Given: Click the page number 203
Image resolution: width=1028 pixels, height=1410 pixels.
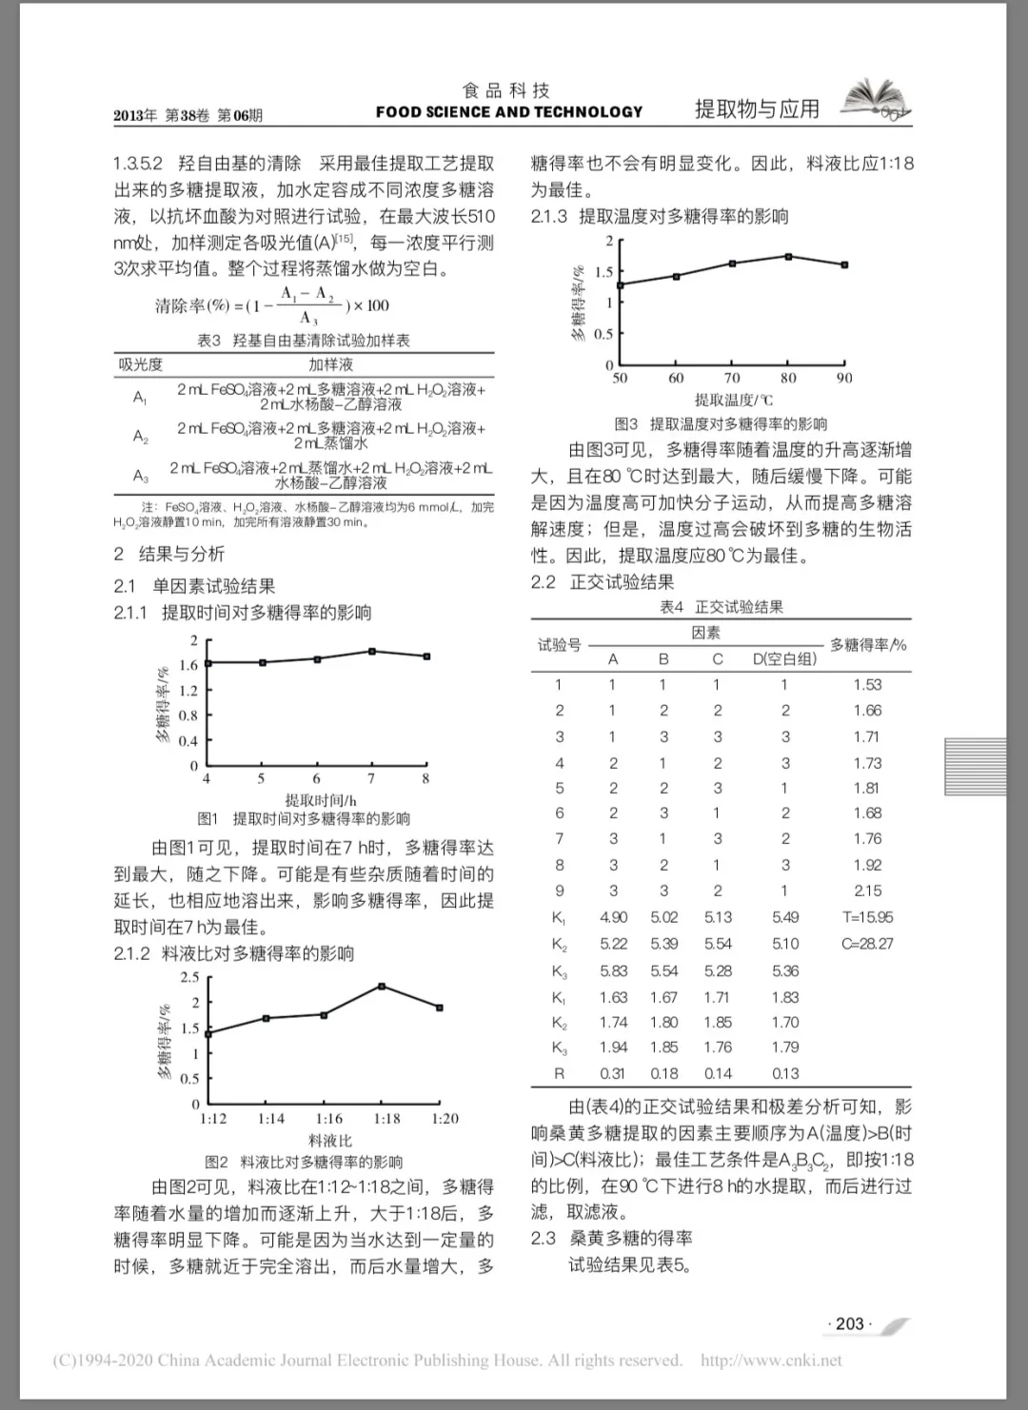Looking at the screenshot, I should click(849, 1323).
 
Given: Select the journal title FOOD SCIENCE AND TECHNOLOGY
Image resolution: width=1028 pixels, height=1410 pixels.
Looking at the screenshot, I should click(509, 112).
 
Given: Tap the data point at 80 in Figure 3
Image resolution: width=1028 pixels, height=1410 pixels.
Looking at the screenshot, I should click(789, 256).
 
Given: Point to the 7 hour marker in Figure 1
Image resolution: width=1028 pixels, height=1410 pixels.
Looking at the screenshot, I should click(372, 652).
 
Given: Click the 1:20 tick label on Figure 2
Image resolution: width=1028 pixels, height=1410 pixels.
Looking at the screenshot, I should click(445, 1119).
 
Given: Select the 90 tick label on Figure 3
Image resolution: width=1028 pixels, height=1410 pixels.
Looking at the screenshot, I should click(844, 379).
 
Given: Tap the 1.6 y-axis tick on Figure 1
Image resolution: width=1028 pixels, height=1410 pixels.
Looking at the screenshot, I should click(188, 665).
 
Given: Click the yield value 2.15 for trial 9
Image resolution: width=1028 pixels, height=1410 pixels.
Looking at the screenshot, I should click(867, 891).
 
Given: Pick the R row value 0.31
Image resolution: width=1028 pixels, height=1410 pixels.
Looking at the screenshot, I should click(613, 1073).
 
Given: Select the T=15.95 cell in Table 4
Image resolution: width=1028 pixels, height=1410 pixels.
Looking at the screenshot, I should click(867, 918).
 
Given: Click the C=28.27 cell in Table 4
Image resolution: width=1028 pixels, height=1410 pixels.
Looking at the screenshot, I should click(867, 944).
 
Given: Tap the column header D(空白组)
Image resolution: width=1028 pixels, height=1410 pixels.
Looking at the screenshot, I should click(784, 658).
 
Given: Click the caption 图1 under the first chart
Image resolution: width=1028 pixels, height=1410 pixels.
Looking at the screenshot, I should click(208, 819).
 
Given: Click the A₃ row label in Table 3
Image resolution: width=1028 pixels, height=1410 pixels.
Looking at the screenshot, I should click(141, 475).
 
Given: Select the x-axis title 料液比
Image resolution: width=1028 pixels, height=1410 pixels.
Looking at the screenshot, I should click(330, 1141).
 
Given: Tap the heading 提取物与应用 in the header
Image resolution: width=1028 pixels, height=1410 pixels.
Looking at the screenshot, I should click(757, 109).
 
